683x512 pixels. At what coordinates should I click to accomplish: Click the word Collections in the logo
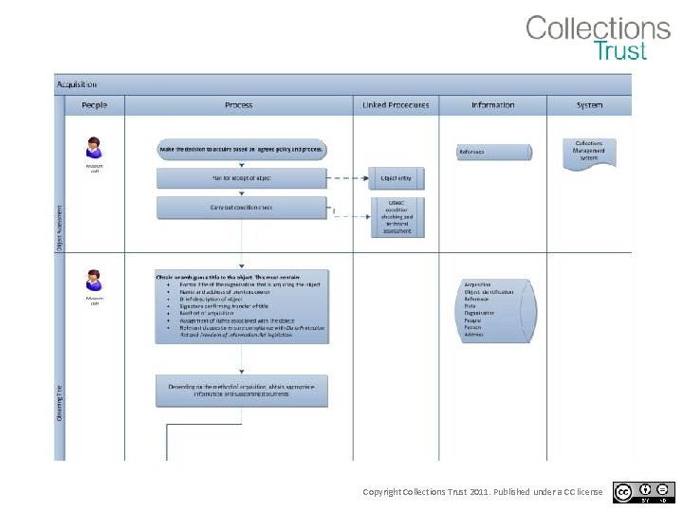598,27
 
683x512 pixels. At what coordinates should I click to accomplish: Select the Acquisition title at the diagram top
77,84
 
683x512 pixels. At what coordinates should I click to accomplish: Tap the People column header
94,105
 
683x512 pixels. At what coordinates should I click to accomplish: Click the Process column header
238,105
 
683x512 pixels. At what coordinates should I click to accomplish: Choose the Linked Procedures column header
396,105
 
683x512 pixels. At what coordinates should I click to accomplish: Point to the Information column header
492,105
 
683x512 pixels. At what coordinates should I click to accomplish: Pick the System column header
589,105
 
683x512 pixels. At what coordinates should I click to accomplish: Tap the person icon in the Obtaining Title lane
94,281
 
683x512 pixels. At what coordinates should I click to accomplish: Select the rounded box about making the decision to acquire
242,150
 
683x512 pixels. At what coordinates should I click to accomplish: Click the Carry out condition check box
242,208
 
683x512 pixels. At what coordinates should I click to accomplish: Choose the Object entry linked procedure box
396,177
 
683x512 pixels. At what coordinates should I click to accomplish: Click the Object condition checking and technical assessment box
396,217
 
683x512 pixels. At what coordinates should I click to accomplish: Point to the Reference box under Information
493,152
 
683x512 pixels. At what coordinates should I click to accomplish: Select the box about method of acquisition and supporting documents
242,391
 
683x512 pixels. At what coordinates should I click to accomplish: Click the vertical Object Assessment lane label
59,228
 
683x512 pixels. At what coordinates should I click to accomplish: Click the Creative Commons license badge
645,492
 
